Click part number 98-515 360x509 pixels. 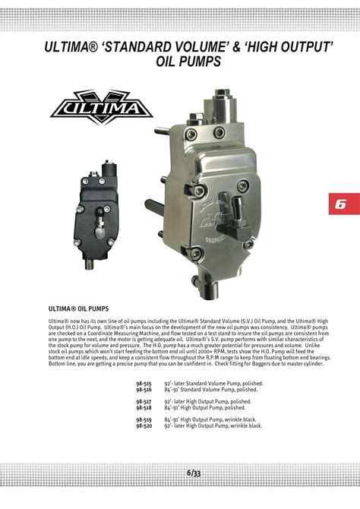144,384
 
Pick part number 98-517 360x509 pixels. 144,401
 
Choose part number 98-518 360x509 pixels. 144,407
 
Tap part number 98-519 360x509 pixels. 144,419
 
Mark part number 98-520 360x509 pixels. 144,425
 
